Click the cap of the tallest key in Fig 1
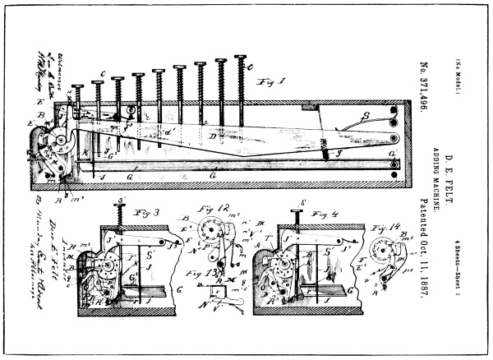click(x=241, y=57)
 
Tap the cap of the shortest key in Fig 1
click(x=78, y=85)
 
